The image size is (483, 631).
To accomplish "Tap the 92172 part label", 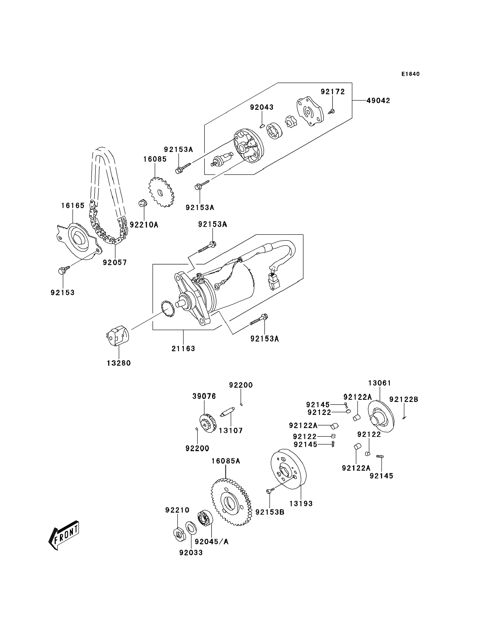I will [333, 92].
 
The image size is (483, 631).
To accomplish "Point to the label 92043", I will [262, 107].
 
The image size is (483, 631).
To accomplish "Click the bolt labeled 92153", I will [63, 270].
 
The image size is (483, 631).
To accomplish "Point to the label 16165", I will [73, 206].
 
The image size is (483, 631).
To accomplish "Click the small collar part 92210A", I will [143, 203].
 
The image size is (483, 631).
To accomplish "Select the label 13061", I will [380, 383].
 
